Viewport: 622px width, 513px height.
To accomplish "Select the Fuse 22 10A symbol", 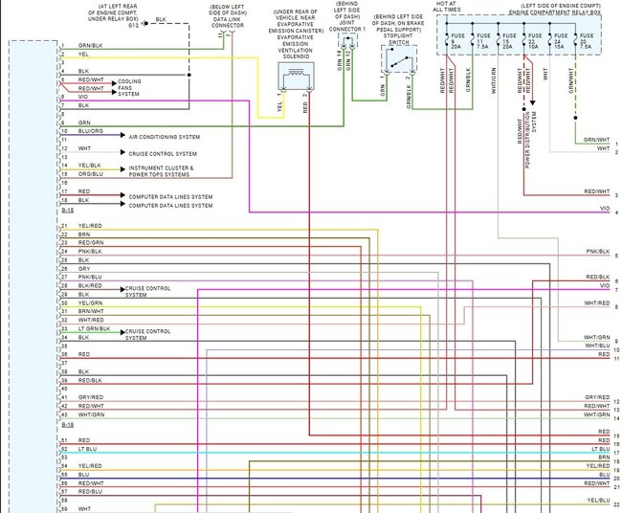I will click(x=529, y=42).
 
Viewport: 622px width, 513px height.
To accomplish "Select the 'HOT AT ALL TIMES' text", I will click(x=446, y=8).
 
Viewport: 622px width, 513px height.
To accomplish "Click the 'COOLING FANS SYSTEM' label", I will click(x=134, y=88).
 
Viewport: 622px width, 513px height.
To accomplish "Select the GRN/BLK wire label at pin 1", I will click(x=91, y=45).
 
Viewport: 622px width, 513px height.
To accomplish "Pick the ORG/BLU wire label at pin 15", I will click(x=90, y=173).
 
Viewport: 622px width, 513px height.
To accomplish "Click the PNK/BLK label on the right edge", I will click(x=597, y=252).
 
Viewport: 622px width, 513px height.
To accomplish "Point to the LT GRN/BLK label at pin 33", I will click(x=94, y=328).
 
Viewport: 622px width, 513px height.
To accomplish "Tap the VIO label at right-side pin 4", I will click(x=604, y=208).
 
